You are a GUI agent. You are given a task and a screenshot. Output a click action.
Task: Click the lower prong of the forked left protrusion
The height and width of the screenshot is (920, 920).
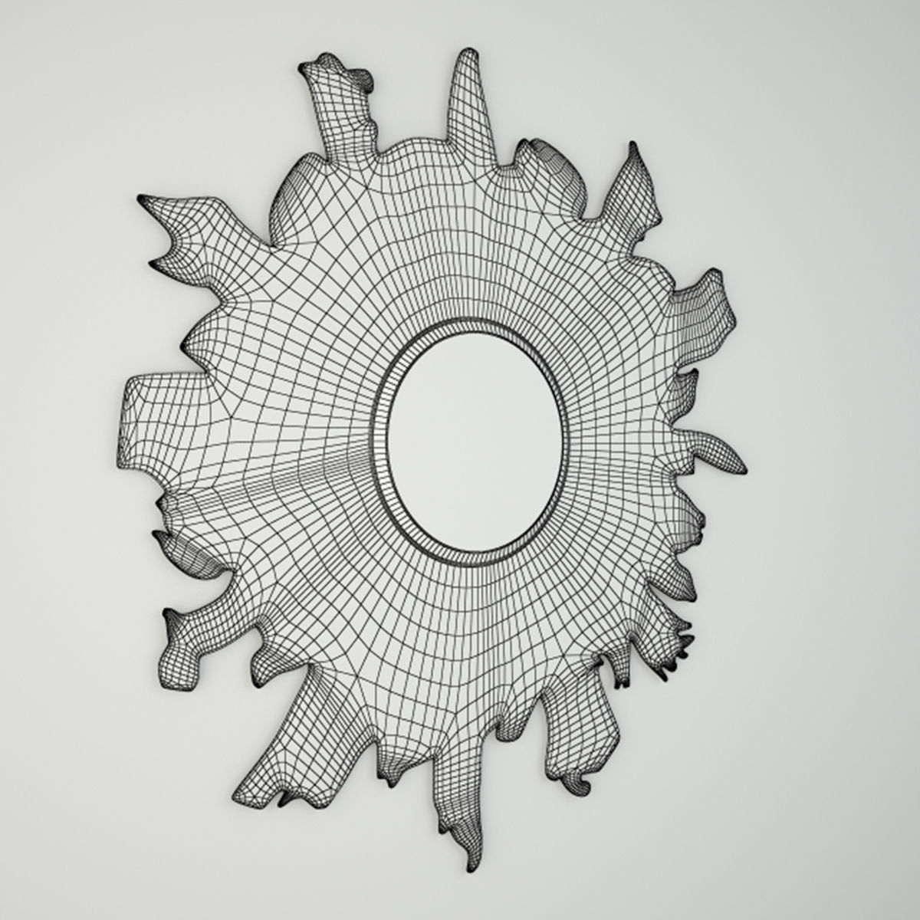coord(157,263)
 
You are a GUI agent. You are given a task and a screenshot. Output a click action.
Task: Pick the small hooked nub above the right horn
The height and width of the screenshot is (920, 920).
coord(686,376)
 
